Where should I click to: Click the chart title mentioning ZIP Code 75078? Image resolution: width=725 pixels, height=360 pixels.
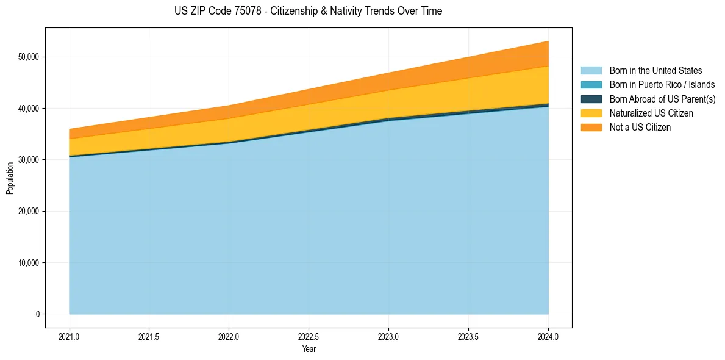tap(308, 11)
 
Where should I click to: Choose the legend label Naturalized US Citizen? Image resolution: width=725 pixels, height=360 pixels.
tap(651, 113)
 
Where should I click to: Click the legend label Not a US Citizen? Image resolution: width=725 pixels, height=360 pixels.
tap(640, 128)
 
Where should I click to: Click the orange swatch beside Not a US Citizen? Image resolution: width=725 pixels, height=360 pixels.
tap(591, 128)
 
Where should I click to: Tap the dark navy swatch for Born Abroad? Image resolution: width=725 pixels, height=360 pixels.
tap(591, 99)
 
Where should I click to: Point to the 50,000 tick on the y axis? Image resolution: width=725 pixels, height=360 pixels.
tap(27, 57)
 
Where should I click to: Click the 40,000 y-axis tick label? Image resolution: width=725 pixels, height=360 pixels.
tap(27, 109)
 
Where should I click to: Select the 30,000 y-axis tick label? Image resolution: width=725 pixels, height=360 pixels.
tap(27, 160)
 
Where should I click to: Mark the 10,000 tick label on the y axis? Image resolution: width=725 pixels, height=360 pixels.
tap(27, 263)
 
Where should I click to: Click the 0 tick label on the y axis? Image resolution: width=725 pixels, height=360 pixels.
tap(37, 314)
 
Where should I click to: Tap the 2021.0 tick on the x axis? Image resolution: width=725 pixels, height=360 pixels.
tap(70, 336)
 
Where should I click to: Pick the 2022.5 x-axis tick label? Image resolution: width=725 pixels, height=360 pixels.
tap(309, 336)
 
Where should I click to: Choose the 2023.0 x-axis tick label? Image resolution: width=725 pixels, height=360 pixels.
tap(388, 336)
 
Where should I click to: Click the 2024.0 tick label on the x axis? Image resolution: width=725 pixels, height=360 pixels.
tap(548, 336)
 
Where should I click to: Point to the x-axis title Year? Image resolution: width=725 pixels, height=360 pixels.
tap(309, 350)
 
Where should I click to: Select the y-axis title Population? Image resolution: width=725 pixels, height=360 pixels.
tap(10, 178)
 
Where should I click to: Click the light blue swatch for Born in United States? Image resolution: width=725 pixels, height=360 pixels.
tap(591, 71)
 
